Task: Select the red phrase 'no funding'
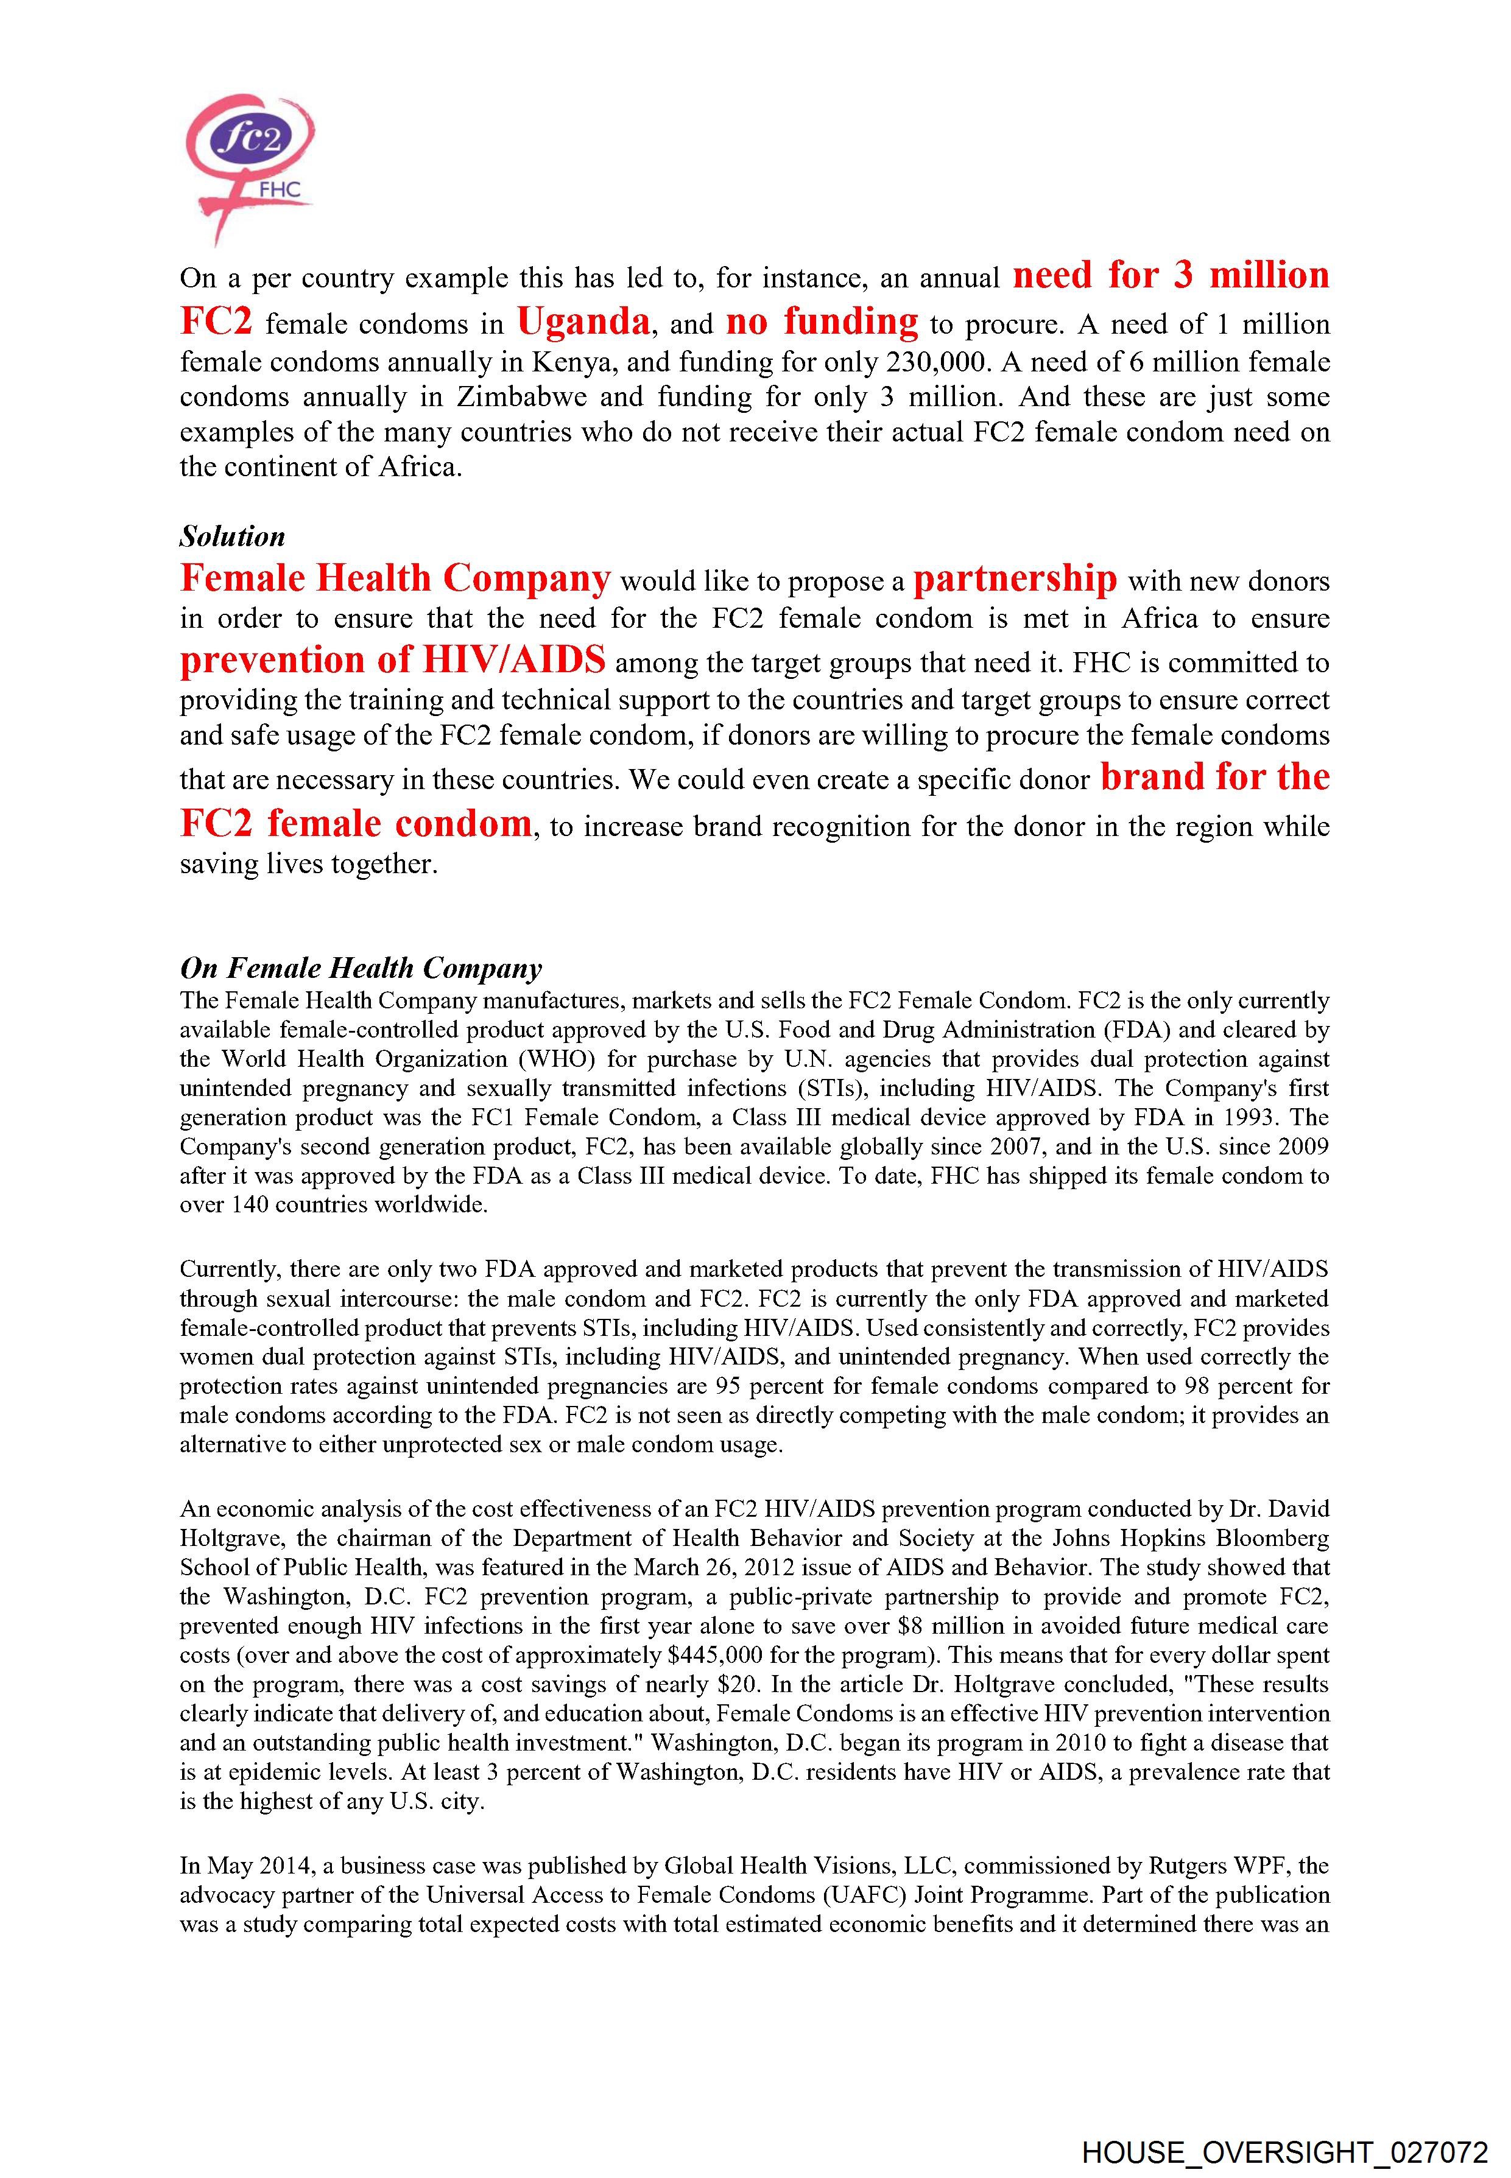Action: point(822,323)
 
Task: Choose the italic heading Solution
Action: point(232,536)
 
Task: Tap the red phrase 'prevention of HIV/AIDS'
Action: point(392,660)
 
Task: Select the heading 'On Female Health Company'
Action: point(361,968)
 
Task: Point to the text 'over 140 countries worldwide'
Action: point(333,1206)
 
